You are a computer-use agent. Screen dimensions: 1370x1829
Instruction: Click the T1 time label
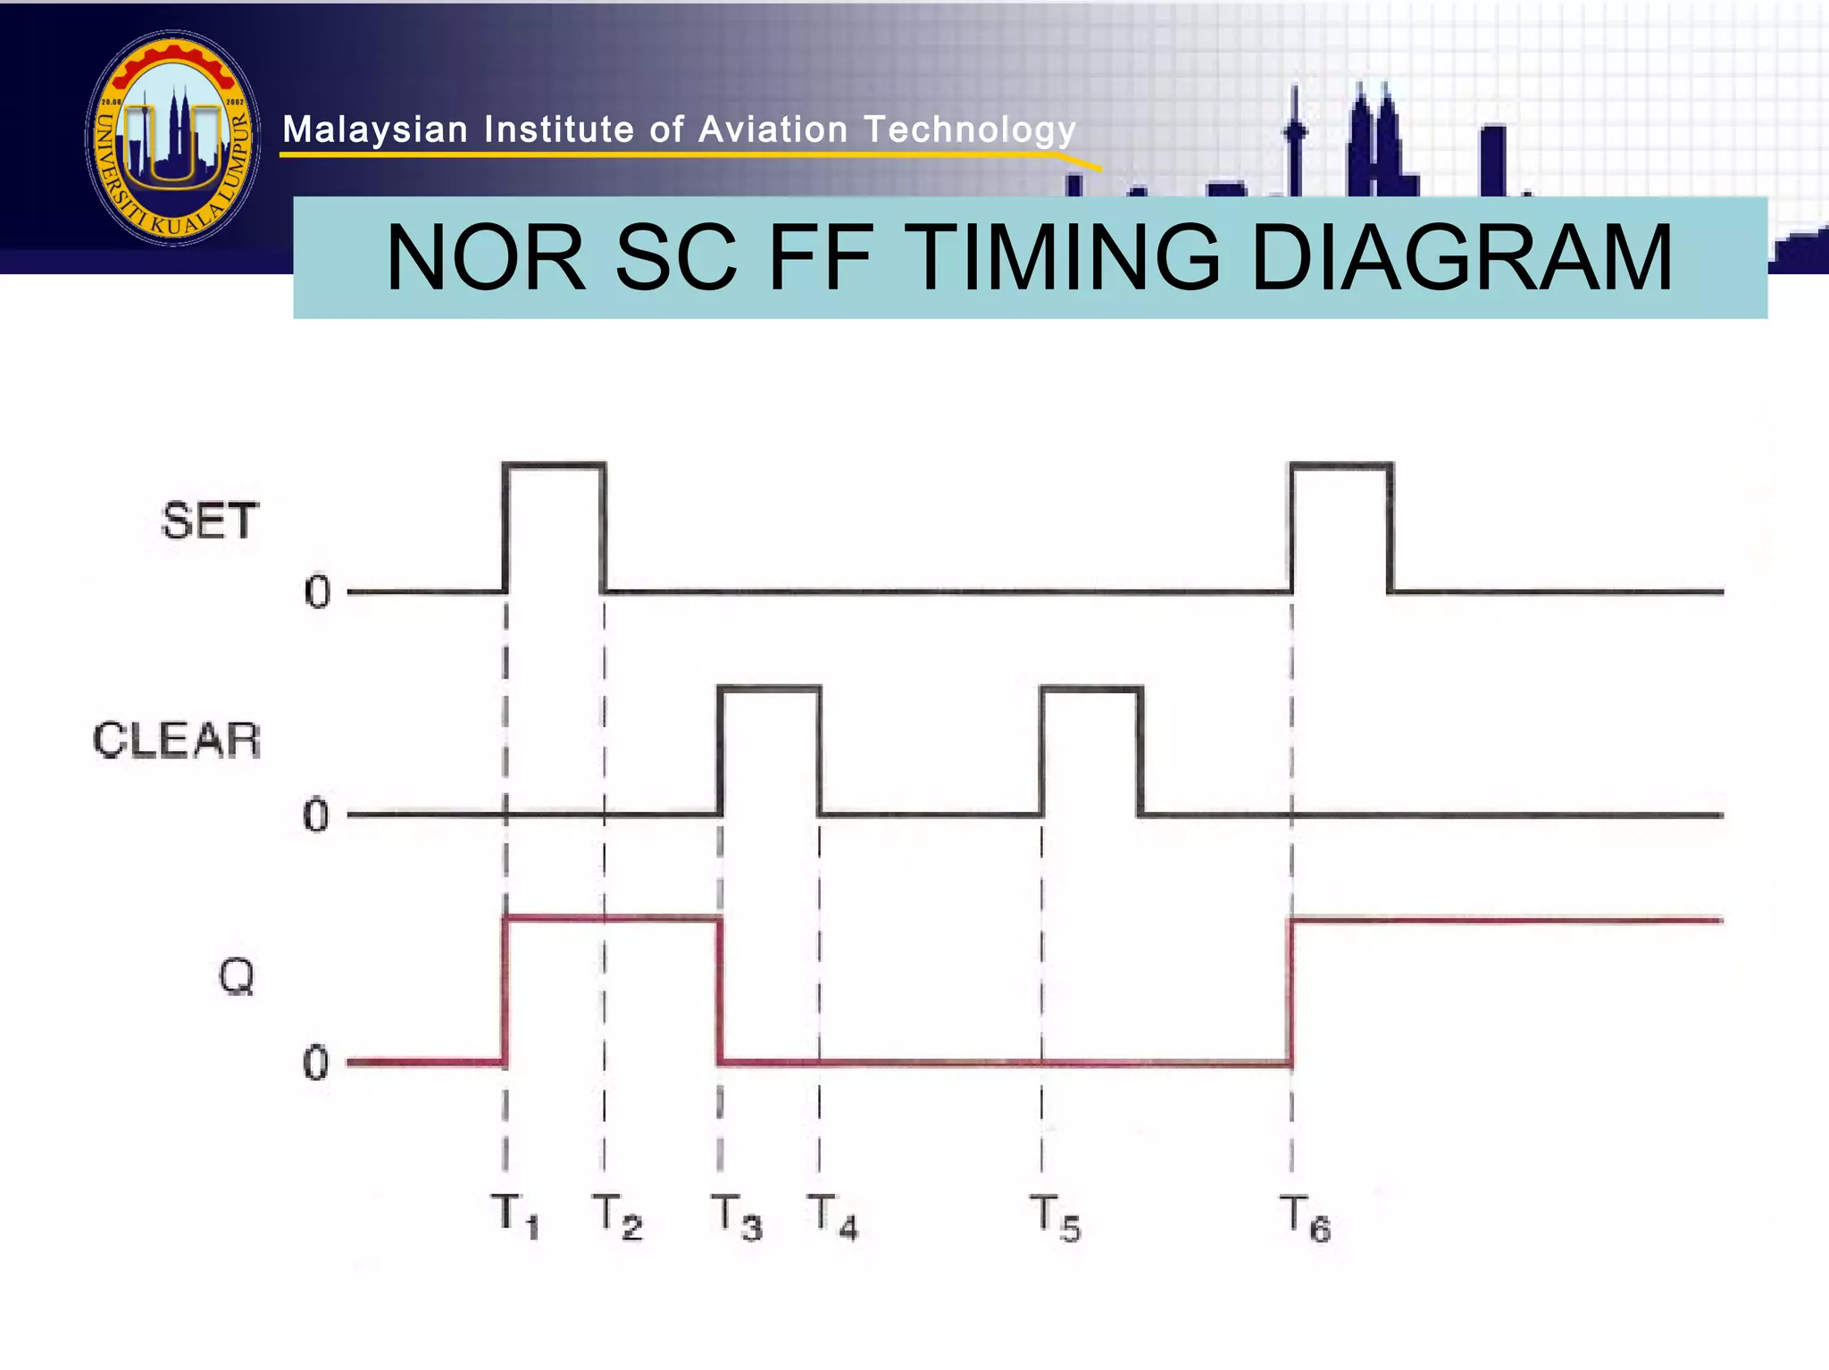pyautogui.click(x=515, y=1216)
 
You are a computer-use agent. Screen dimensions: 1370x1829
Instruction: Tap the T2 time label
pyautogui.click(x=617, y=1216)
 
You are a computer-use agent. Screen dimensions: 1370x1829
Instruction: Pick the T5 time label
pyautogui.click(x=1055, y=1218)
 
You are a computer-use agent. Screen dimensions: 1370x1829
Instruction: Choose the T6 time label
pyautogui.click(x=1305, y=1218)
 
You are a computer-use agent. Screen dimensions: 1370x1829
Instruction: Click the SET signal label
pyautogui.click(x=210, y=521)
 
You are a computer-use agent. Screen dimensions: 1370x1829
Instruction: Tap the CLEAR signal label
pyautogui.click(x=177, y=740)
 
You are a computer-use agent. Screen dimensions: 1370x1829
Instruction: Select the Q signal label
pyautogui.click(x=237, y=976)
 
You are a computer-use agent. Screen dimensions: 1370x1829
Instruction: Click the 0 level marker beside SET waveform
pyautogui.click(x=317, y=592)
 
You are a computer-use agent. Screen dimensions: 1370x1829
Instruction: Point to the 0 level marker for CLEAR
pyautogui.click(x=315, y=815)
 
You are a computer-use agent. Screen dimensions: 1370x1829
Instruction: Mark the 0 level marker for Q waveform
pyautogui.click(x=315, y=1064)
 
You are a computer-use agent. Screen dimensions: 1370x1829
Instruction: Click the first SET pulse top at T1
pyautogui.click(x=555, y=464)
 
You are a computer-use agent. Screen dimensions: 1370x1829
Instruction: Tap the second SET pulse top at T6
pyautogui.click(x=1341, y=464)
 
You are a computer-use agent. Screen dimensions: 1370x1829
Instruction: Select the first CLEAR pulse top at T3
pyautogui.click(x=769, y=688)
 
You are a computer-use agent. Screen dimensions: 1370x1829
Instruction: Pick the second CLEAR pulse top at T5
pyautogui.click(x=1091, y=688)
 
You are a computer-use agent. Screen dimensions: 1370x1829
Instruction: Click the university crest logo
pyautogui.click(x=173, y=138)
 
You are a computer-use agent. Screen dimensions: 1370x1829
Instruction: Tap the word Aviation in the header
pyautogui.click(x=773, y=130)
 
